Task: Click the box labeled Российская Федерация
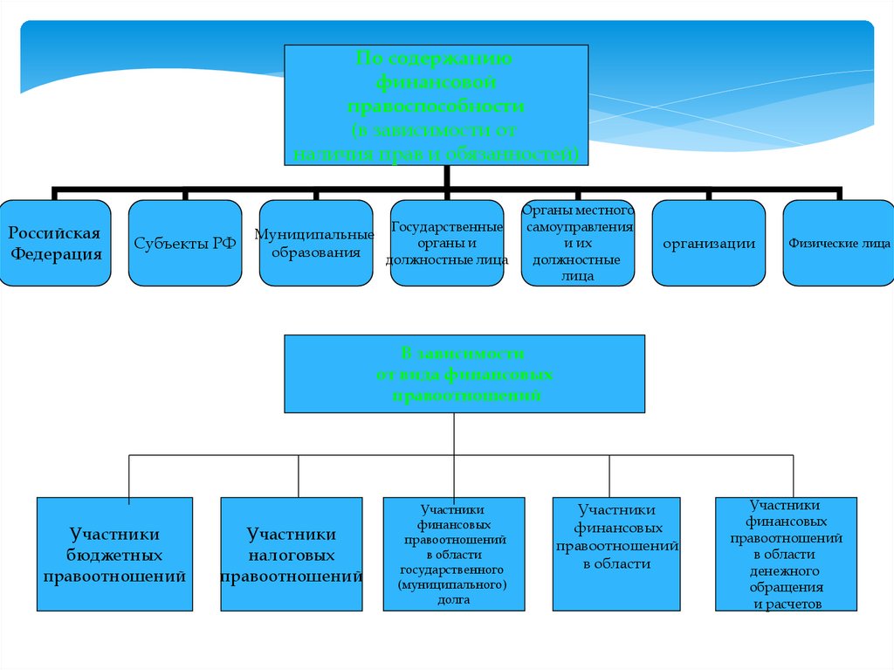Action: (x=56, y=243)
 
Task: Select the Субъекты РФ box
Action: (x=185, y=243)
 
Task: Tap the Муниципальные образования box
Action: (x=316, y=243)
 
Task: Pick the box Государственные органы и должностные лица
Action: (x=447, y=243)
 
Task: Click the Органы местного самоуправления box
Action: (x=578, y=243)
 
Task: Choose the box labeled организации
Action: (x=709, y=243)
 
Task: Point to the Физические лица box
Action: (x=839, y=243)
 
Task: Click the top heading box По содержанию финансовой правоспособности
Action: (x=437, y=105)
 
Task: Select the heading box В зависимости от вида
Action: (x=464, y=374)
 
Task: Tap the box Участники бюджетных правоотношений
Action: (x=114, y=554)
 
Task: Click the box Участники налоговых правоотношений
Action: (x=291, y=554)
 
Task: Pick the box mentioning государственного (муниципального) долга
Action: (x=454, y=554)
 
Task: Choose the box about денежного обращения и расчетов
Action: (x=785, y=554)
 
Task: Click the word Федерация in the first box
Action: (x=56, y=255)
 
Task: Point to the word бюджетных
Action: (x=114, y=556)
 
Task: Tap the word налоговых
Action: (x=291, y=556)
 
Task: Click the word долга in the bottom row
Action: (x=455, y=600)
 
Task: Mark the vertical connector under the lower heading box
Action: (x=455, y=434)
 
